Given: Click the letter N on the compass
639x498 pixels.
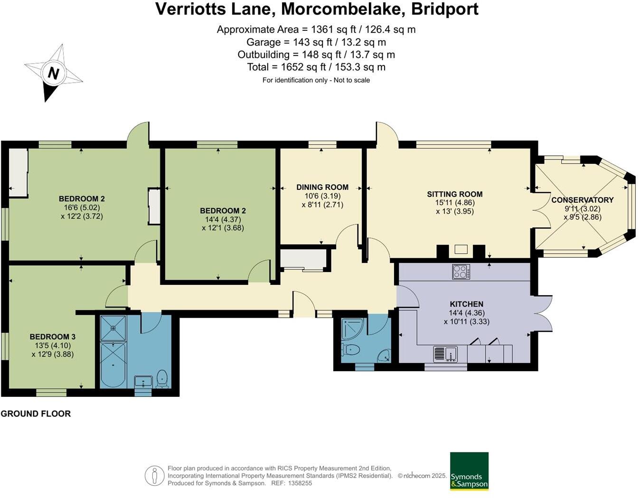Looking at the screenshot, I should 53,74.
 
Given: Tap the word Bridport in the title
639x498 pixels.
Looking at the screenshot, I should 445,9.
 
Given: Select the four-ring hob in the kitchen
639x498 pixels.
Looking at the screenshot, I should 461,272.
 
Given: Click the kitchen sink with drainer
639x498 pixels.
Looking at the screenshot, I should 445,354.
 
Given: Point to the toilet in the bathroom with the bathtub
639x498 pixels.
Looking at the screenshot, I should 162,378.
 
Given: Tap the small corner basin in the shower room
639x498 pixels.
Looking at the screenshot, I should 385,355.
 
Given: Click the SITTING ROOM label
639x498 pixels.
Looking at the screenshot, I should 454,194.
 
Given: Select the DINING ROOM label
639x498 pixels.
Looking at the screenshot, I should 322,187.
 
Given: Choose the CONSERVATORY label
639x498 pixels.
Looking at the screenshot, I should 582,200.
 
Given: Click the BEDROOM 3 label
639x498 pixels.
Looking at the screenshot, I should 52,337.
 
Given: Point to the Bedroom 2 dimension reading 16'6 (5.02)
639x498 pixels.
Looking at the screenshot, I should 82,207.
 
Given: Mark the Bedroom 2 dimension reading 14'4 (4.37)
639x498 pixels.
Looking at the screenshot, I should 223,219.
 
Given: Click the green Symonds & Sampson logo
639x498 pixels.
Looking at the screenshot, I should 469,470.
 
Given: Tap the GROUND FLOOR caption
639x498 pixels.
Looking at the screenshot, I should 36,413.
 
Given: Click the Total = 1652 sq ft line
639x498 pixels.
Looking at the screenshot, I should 316,67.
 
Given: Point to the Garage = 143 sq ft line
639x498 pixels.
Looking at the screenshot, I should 316,42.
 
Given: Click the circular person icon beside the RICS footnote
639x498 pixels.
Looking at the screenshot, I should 154,476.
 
